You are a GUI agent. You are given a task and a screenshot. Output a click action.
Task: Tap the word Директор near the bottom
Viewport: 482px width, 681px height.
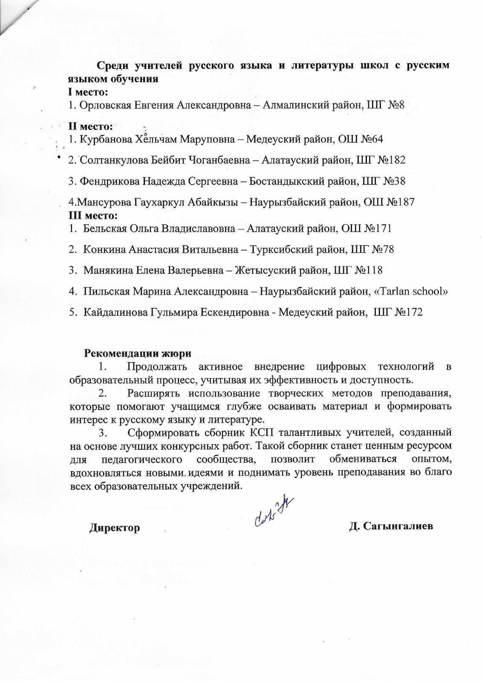[x=114, y=528]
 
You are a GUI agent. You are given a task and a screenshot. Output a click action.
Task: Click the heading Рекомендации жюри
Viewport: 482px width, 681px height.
[x=138, y=353]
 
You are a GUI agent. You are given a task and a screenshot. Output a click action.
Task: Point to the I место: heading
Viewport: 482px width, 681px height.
[x=88, y=92]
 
